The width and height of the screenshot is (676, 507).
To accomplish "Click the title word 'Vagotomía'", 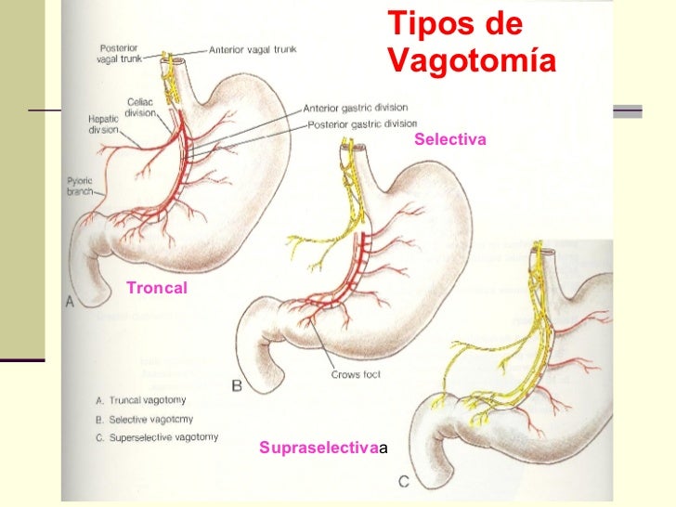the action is [x=471, y=61].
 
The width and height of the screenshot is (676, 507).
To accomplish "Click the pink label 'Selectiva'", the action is [x=450, y=139].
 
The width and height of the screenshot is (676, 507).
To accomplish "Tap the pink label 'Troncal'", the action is [x=157, y=288].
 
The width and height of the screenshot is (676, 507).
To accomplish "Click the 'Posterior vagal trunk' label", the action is [x=120, y=54].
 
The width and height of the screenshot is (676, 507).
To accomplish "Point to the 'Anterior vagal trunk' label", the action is [x=253, y=49].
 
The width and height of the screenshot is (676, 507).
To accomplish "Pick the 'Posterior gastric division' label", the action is [x=362, y=123].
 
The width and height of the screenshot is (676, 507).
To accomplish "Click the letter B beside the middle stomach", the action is [x=236, y=384].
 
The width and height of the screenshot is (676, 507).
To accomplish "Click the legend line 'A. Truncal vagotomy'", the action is [x=140, y=400].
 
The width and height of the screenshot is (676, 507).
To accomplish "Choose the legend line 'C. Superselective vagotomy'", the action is [x=157, y=437].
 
